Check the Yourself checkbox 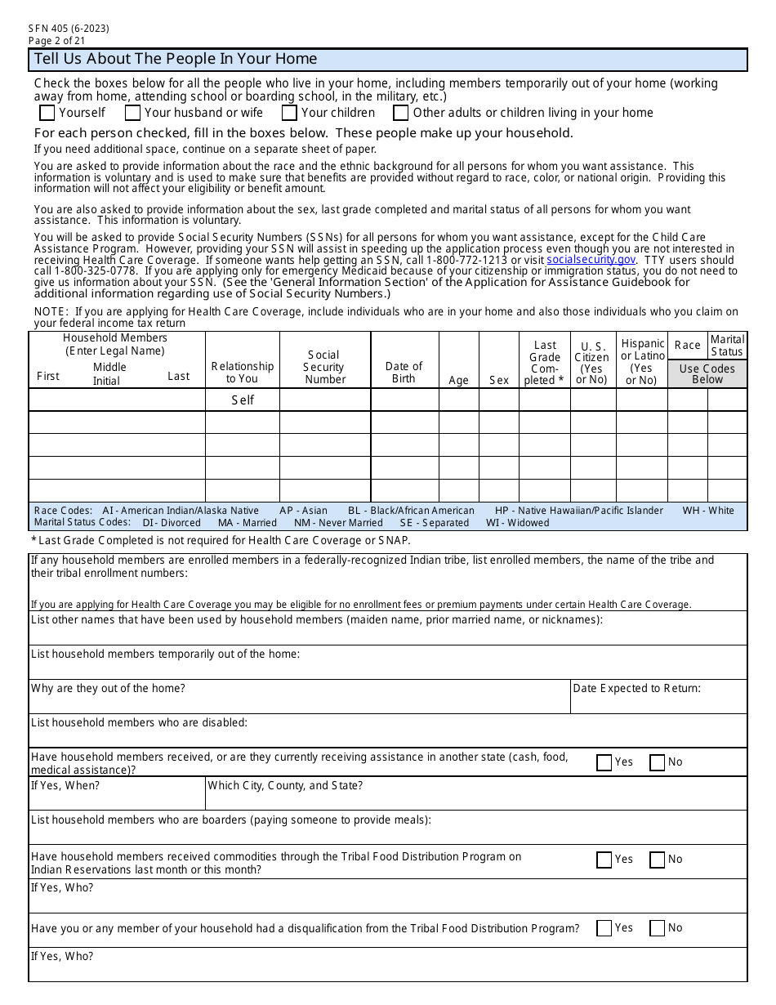47,113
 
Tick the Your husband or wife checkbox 132,113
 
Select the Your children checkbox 289,113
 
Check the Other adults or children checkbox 401,113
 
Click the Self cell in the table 243,400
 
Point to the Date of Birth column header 404,372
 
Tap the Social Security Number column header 324,367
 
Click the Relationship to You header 242,372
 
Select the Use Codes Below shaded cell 707,373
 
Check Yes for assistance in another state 604,762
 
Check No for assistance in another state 658,762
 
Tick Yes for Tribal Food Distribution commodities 604,860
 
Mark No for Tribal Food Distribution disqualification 658,928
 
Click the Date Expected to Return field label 636,688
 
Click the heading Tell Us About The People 175,59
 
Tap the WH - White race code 708,511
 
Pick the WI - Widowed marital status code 517,523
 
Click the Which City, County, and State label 285,785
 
